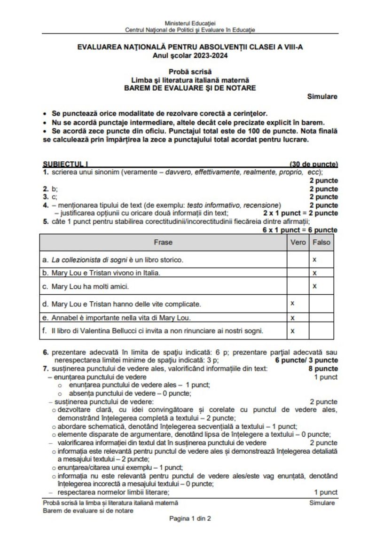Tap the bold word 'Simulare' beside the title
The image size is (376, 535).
pos(322,96)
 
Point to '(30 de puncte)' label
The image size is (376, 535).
pos(314,164)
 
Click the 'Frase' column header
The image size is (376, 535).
pos(163,243)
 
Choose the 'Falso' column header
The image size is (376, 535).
pos(321,243)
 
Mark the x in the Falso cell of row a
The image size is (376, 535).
pos(314,259)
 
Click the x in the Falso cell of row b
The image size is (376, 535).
pos(314,273)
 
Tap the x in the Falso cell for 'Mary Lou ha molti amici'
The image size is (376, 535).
pos(314,285)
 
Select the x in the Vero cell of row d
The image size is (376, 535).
pos(292,303)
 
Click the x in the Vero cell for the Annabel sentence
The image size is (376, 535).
pos(292,318)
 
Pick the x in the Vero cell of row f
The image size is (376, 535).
pos(292,330)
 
